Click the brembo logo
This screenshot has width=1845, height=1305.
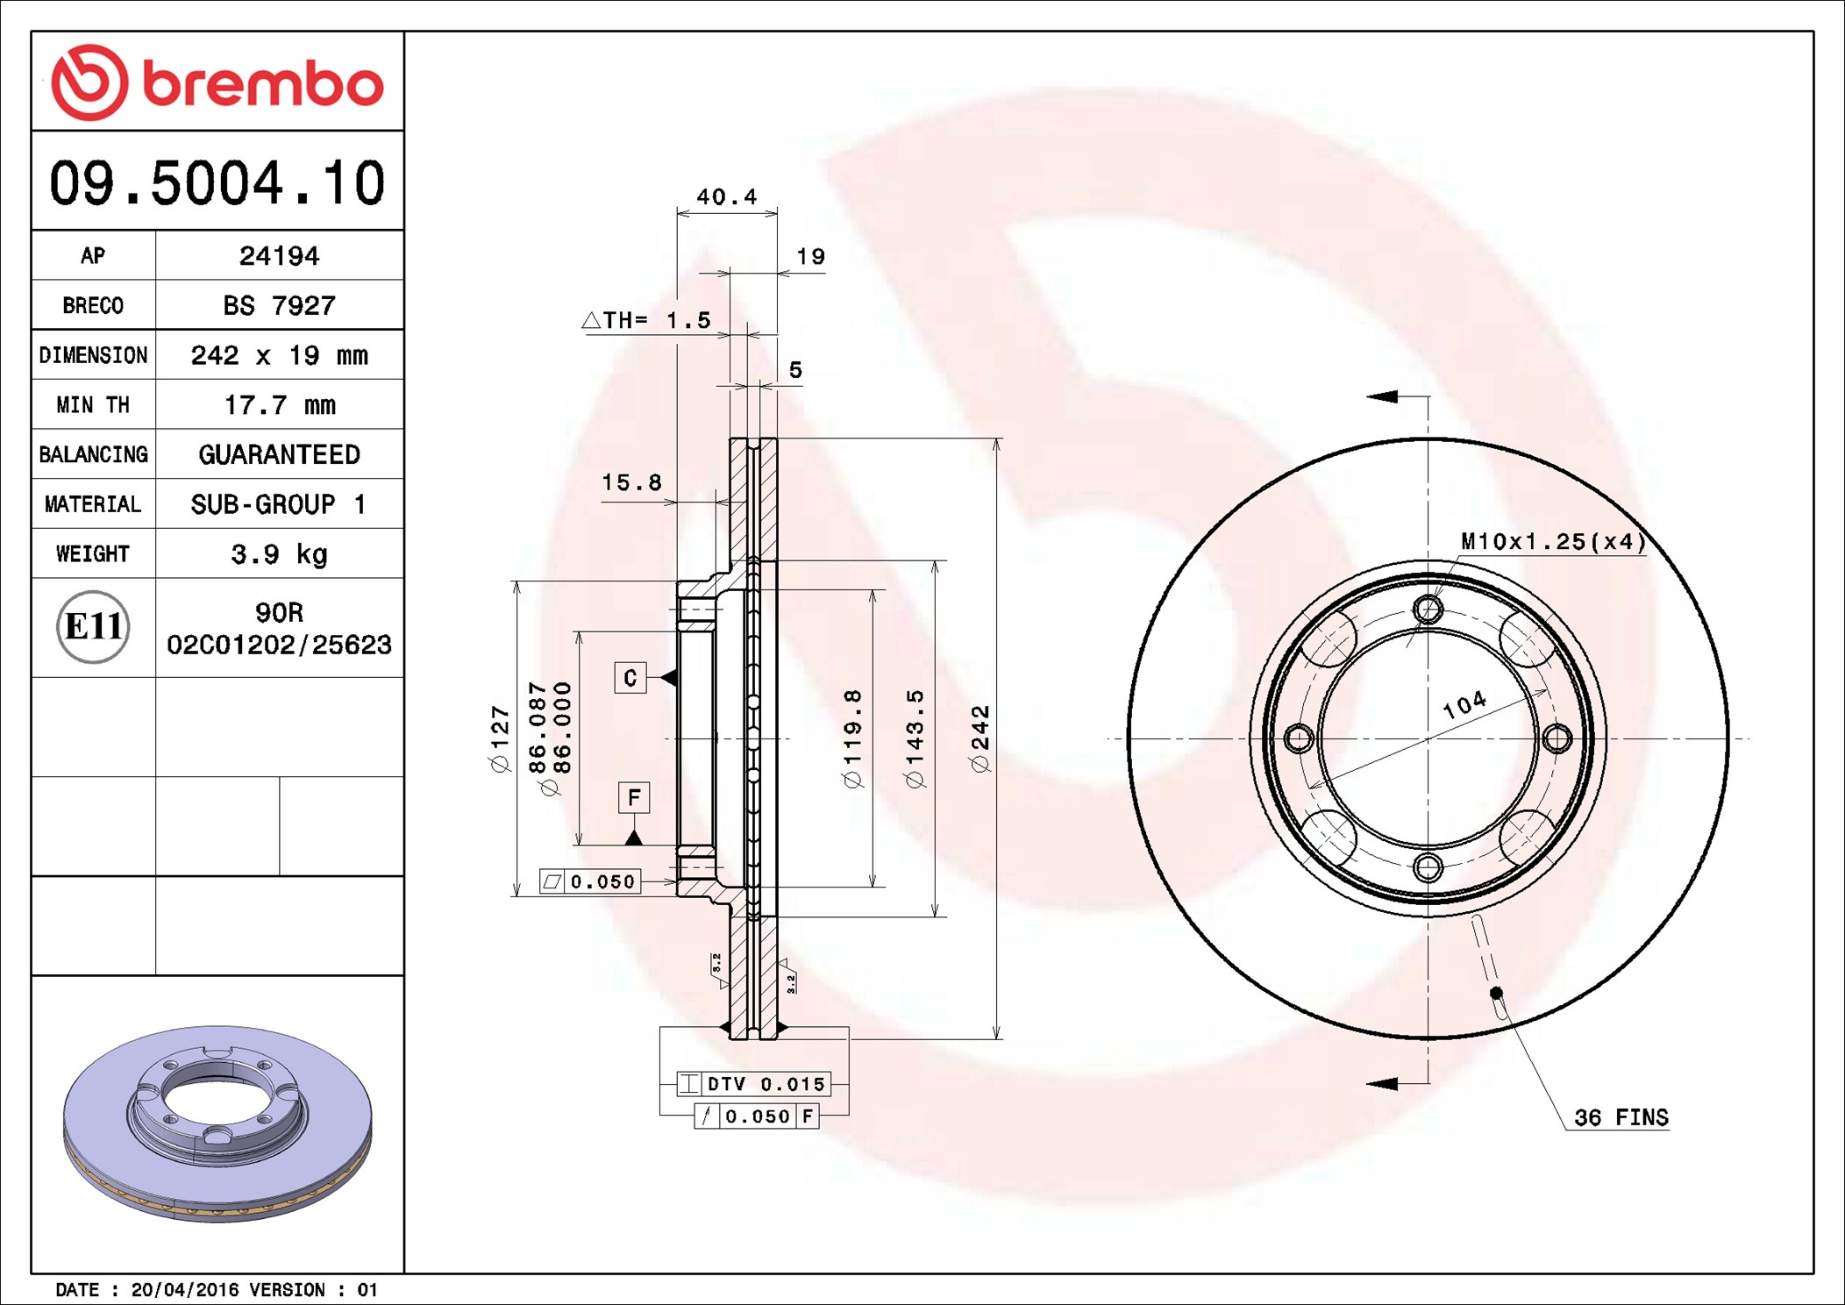(217, 82)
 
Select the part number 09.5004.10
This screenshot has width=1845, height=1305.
(217, 183)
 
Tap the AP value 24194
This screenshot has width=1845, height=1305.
(279, 255)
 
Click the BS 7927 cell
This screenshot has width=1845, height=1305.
(279, 305)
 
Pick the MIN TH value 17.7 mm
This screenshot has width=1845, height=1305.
(279, 404)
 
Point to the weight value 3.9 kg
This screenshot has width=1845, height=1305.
(279, 553)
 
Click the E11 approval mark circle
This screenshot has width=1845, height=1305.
(93, 626)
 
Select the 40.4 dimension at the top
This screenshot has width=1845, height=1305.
(726, 196)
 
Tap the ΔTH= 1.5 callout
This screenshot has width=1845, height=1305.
(646, 320)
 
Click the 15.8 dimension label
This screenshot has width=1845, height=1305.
(631, 481)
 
